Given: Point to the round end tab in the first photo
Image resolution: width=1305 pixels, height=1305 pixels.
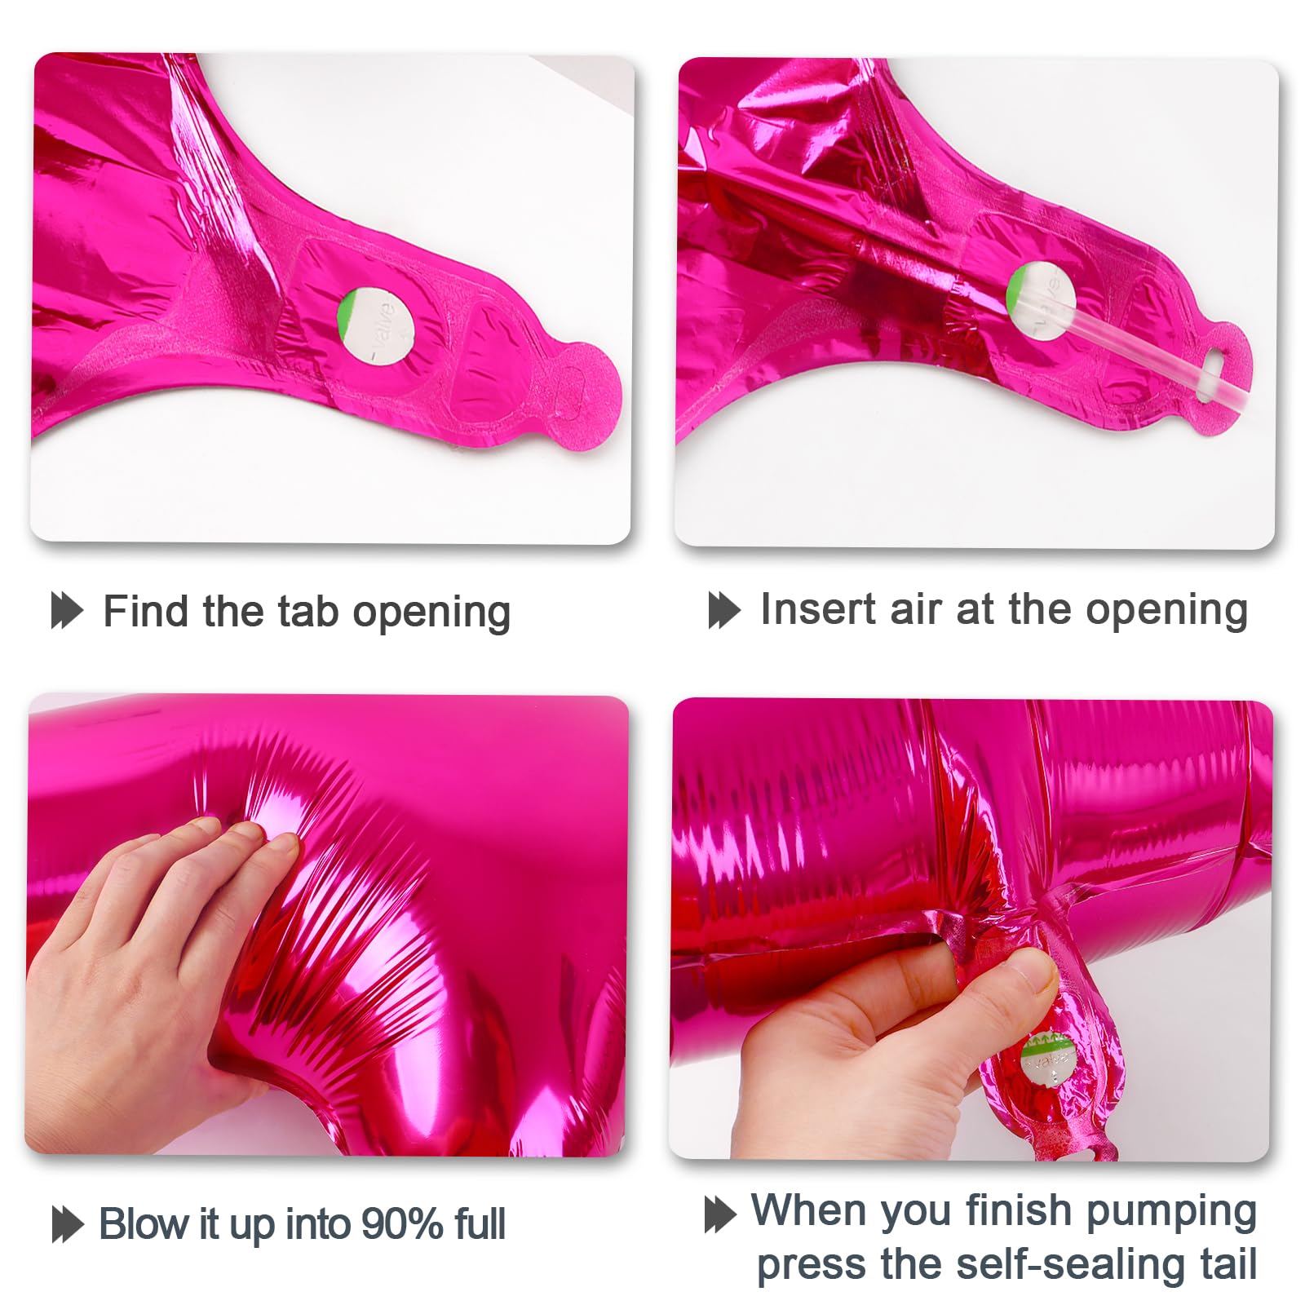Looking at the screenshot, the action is coord(582,390).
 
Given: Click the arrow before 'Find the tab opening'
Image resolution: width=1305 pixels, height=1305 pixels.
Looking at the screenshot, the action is coord(67,611).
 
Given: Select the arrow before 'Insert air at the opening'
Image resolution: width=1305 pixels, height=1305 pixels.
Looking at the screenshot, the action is coord(724,610).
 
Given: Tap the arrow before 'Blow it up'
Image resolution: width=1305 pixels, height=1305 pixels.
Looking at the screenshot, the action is coord(68,1224).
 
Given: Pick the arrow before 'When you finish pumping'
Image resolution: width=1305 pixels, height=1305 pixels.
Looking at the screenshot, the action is coord(720,1214).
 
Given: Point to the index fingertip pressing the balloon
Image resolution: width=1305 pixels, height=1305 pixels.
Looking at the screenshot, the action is coord(281,848).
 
